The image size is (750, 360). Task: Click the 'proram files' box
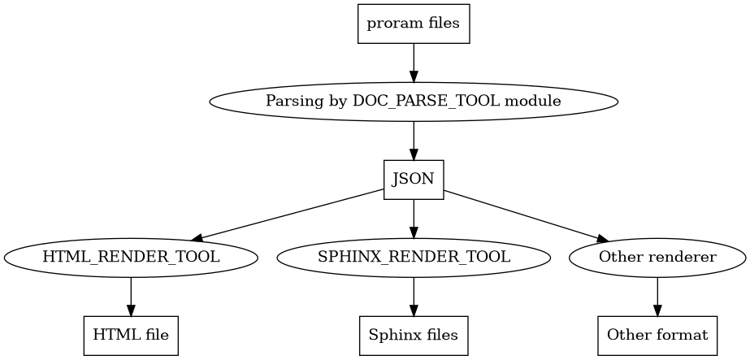(414, 24)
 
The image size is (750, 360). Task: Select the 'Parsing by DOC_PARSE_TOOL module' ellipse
(414, 102)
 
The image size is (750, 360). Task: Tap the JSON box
(414, 180)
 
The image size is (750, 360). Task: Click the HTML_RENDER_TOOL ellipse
(131, 258)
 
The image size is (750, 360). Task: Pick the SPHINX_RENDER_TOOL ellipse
(414, 258)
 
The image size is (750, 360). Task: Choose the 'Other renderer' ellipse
(657, 258)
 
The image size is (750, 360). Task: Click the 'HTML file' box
(131, 335)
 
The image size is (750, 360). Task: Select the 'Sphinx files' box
(414, 335)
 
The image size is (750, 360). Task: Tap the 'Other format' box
(657, 335)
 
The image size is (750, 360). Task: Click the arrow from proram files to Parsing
(414, 63)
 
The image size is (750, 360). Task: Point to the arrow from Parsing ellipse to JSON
(414, 141)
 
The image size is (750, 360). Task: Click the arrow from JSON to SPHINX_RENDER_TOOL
(414, 219)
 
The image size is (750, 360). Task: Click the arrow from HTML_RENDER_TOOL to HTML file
(131, 296)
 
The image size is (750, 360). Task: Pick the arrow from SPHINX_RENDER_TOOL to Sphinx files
(414, 296)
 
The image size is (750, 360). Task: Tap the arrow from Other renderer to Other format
(657, 296)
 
